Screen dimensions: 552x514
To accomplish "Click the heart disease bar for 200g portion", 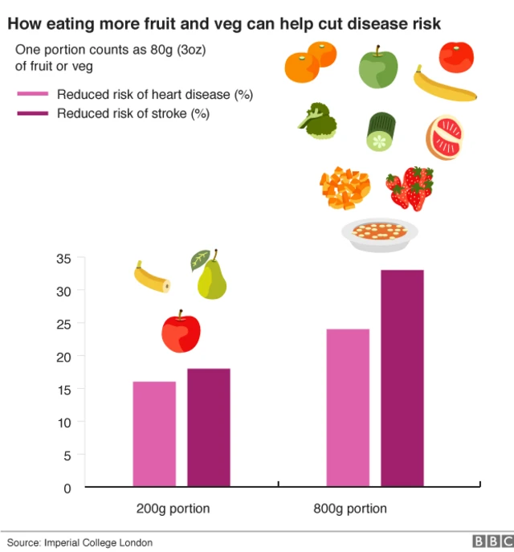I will pos(154,434).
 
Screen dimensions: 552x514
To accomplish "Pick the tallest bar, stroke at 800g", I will pos(402,378).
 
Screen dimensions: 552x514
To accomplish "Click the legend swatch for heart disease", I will pos(33,95).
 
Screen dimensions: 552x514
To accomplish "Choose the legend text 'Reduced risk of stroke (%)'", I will pos(133,113).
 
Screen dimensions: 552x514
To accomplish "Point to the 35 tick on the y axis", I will pos(63,258).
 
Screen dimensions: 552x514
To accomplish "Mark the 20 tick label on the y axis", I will pos(63,356).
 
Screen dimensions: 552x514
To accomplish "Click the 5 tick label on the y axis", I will pos(67,455).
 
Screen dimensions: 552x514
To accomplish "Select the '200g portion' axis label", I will pos(173,509).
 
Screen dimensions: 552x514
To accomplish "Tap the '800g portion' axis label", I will pos(350,509).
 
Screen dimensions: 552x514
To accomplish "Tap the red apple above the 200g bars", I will pos(181,332).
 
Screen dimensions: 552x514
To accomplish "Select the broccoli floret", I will pos(318,121).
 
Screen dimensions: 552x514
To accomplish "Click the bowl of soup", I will pos(379,232).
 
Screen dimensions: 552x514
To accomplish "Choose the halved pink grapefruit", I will pos(443,138).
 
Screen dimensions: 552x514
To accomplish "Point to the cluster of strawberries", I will pos(410,187).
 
